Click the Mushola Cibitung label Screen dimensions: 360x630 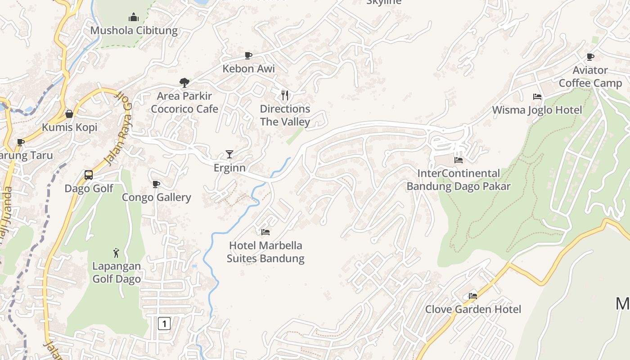click(x=134, y=31)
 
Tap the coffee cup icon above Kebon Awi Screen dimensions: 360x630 click(x=248, y=55)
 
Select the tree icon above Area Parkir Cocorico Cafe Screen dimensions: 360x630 click(x=184, y=82)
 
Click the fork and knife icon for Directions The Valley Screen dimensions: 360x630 click(x=285, y=95)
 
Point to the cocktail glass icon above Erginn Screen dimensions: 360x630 click(x=229, y=154)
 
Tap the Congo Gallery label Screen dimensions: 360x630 click(x=157, y=197)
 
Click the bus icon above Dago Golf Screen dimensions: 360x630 click(x=89, y=175)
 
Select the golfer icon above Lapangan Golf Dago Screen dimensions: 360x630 click(x=117, y=253)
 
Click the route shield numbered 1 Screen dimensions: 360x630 click(x=164, y=323)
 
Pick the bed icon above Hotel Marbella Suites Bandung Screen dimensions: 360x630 click(x=265, y=232)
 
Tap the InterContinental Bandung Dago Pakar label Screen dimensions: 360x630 click(x=459, y=180)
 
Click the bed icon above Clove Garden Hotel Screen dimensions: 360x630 click(x=472, y=296)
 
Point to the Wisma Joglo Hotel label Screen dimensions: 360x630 click(x=537, y=110)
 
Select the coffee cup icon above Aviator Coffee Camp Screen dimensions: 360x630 click(x=590, y=57)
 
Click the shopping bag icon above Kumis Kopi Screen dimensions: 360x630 click(x=69, y=114)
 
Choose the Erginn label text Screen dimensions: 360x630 click(x=229, y=168)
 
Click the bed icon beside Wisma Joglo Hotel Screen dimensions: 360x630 click(x=537, y=96)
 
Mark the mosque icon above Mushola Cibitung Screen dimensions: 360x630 click(x=134, y=18)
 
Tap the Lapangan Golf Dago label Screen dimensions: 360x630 click(x=117, y=272)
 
